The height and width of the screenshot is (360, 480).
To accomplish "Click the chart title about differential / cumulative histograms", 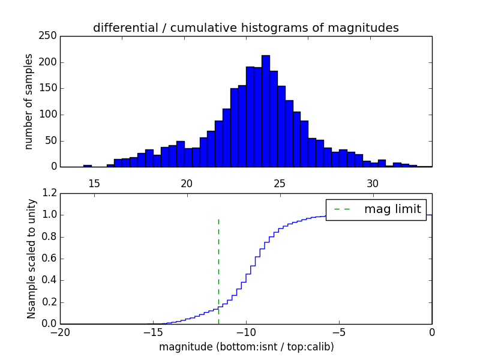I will coord(245,28).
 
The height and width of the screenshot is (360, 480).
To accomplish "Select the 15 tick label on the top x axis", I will coord(94,183).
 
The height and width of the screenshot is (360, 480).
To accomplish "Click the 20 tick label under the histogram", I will coord(187,183).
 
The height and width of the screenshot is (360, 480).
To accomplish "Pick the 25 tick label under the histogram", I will coord(280,183).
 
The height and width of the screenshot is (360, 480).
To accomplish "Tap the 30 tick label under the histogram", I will coord(373,183).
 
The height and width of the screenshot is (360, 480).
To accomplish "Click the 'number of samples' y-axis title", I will coord(29,101).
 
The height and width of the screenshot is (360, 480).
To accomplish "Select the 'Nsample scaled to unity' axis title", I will coord(31,259).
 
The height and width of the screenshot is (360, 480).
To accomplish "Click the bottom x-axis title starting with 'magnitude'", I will coord(246,347).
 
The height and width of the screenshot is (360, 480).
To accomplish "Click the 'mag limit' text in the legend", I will coord(392,209).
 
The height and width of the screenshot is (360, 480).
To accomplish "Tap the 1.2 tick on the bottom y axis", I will coord(50,193).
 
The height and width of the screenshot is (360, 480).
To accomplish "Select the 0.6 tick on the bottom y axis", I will coord(50,259).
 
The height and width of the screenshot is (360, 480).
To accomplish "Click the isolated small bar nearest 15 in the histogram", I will coord(88,166).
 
